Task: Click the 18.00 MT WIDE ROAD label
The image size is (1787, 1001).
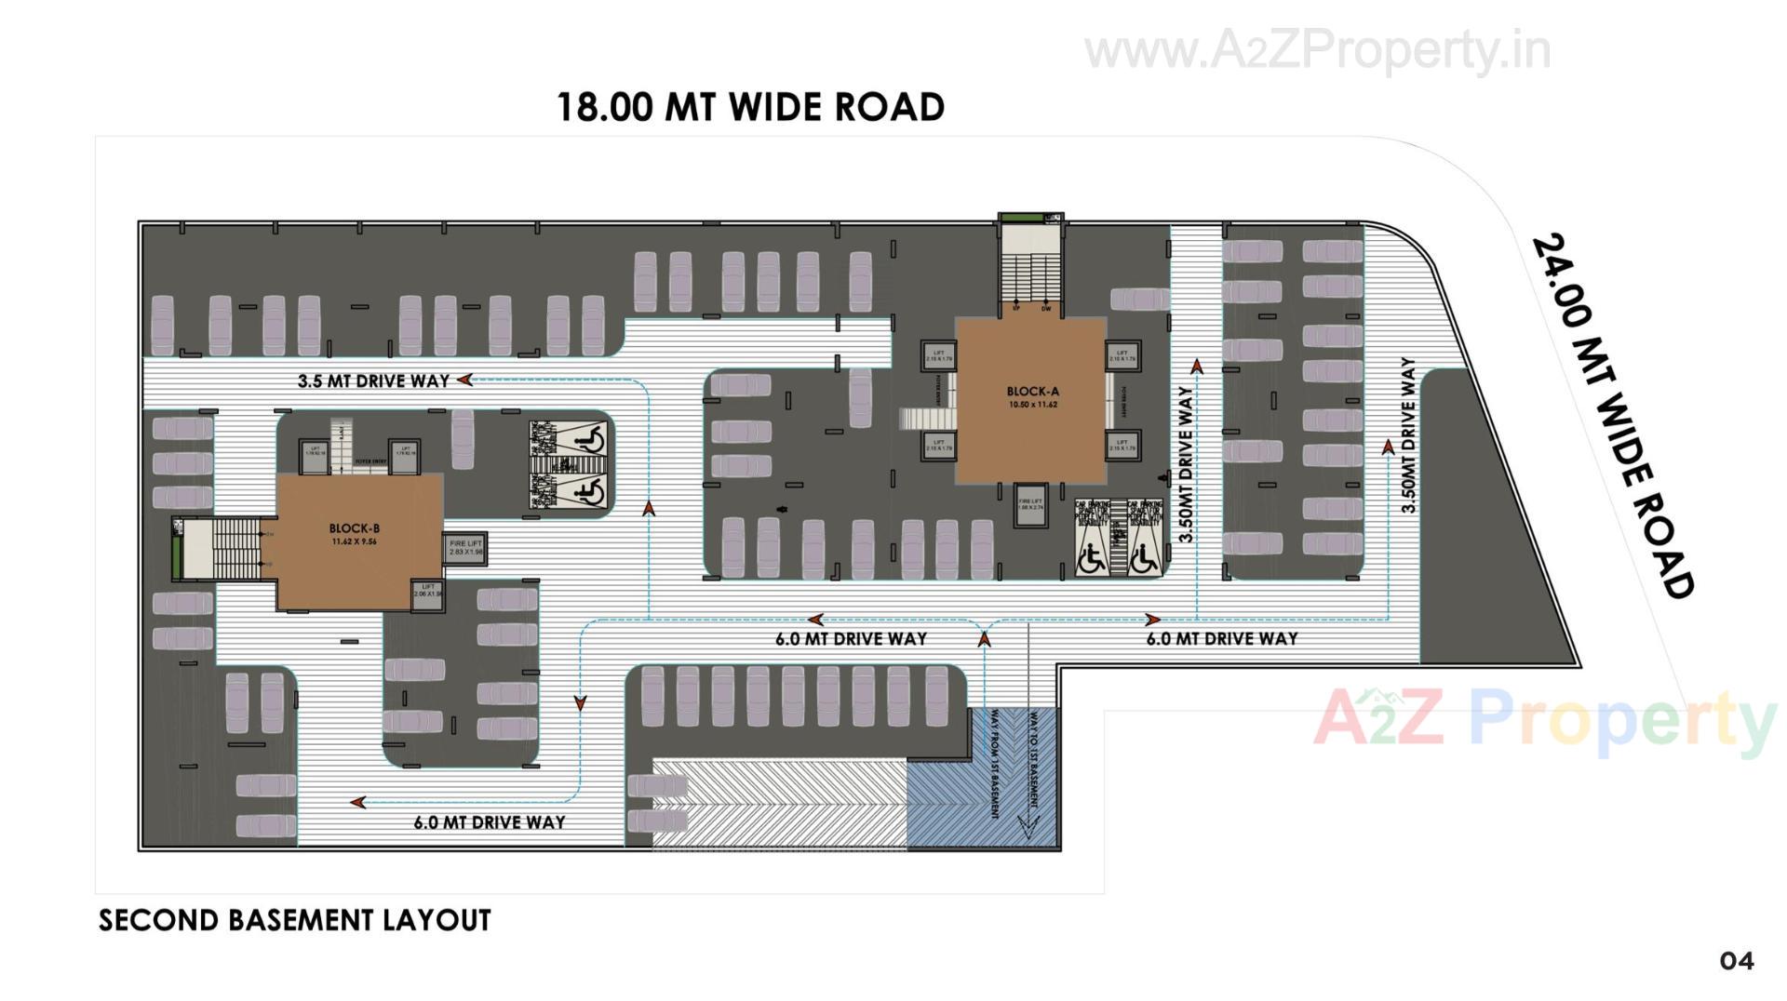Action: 750,108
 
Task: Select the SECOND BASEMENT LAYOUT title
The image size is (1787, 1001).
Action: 294,920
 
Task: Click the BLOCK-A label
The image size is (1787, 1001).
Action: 1032,392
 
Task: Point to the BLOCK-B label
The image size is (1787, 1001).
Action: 354,528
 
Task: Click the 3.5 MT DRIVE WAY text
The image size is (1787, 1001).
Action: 373,380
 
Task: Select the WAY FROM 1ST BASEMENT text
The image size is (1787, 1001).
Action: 994,764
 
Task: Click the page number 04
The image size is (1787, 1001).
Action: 1736,961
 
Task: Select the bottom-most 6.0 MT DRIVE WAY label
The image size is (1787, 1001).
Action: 490,822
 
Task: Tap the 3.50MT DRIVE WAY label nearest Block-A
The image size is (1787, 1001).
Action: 1186,464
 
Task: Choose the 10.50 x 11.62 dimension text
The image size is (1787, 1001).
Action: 1032,405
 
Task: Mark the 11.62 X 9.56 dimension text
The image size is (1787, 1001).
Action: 354,541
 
